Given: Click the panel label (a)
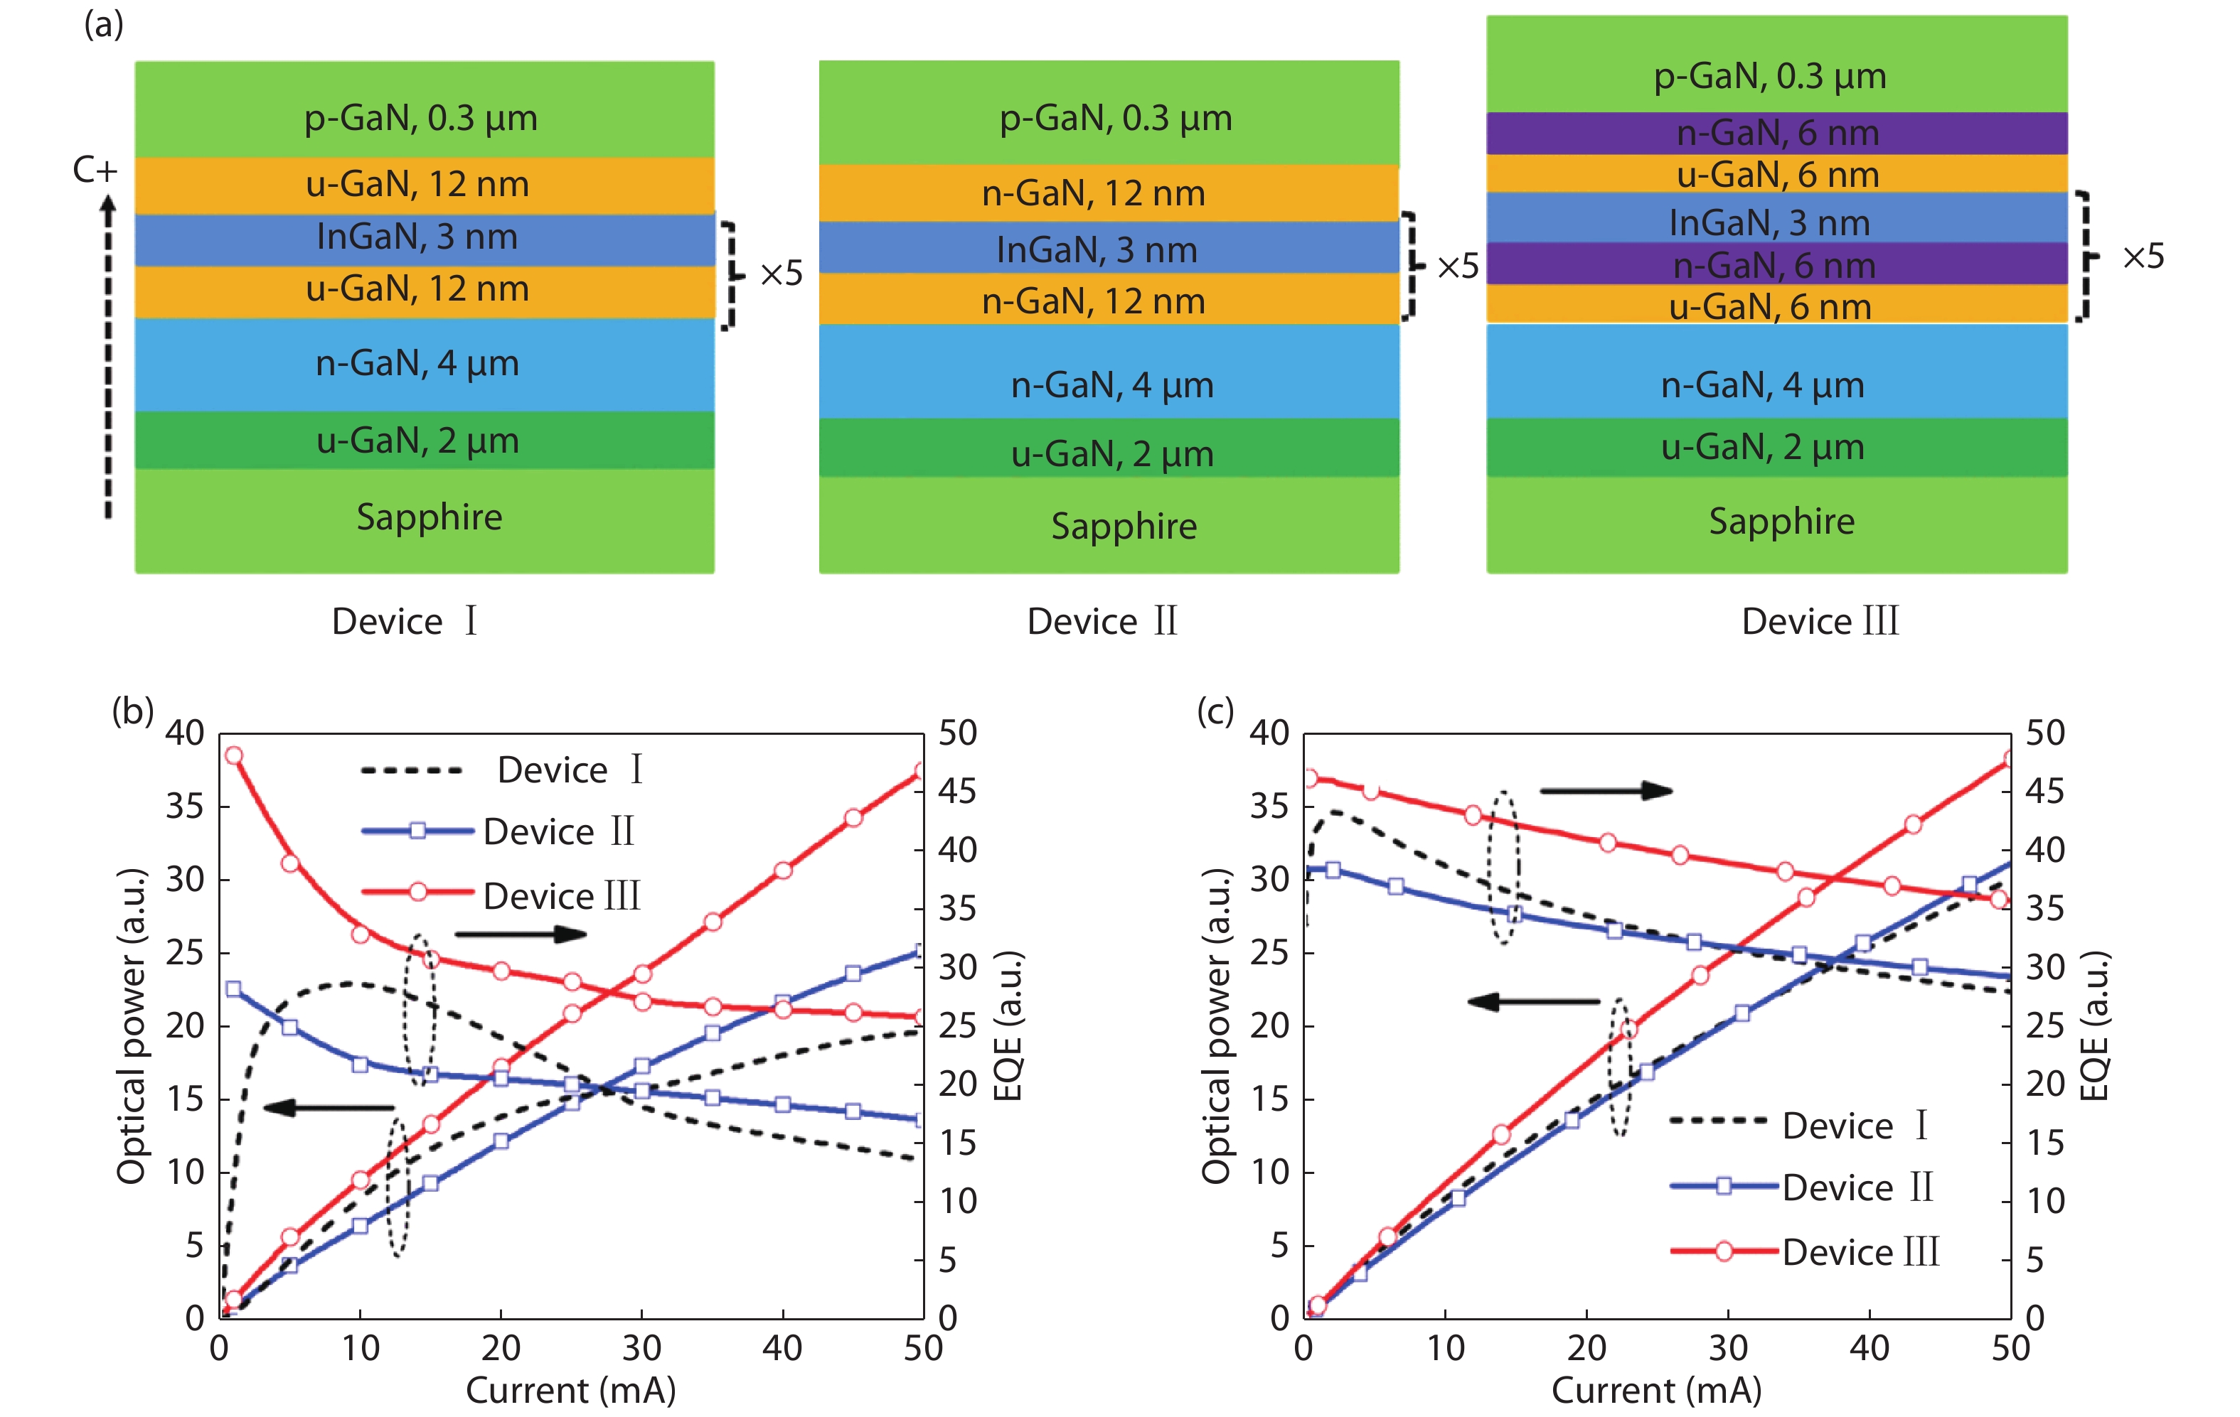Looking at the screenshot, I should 103,25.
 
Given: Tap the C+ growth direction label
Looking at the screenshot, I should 95,170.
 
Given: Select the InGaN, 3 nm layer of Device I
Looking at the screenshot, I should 425,238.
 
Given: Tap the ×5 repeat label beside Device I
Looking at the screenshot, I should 781,274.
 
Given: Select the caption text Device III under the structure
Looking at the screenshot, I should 1820,621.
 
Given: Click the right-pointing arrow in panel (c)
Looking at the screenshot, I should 1606,791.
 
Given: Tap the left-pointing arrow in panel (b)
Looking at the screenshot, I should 329,1107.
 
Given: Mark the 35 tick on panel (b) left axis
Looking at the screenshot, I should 185,805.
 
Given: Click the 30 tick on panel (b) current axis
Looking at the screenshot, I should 642,1347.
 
